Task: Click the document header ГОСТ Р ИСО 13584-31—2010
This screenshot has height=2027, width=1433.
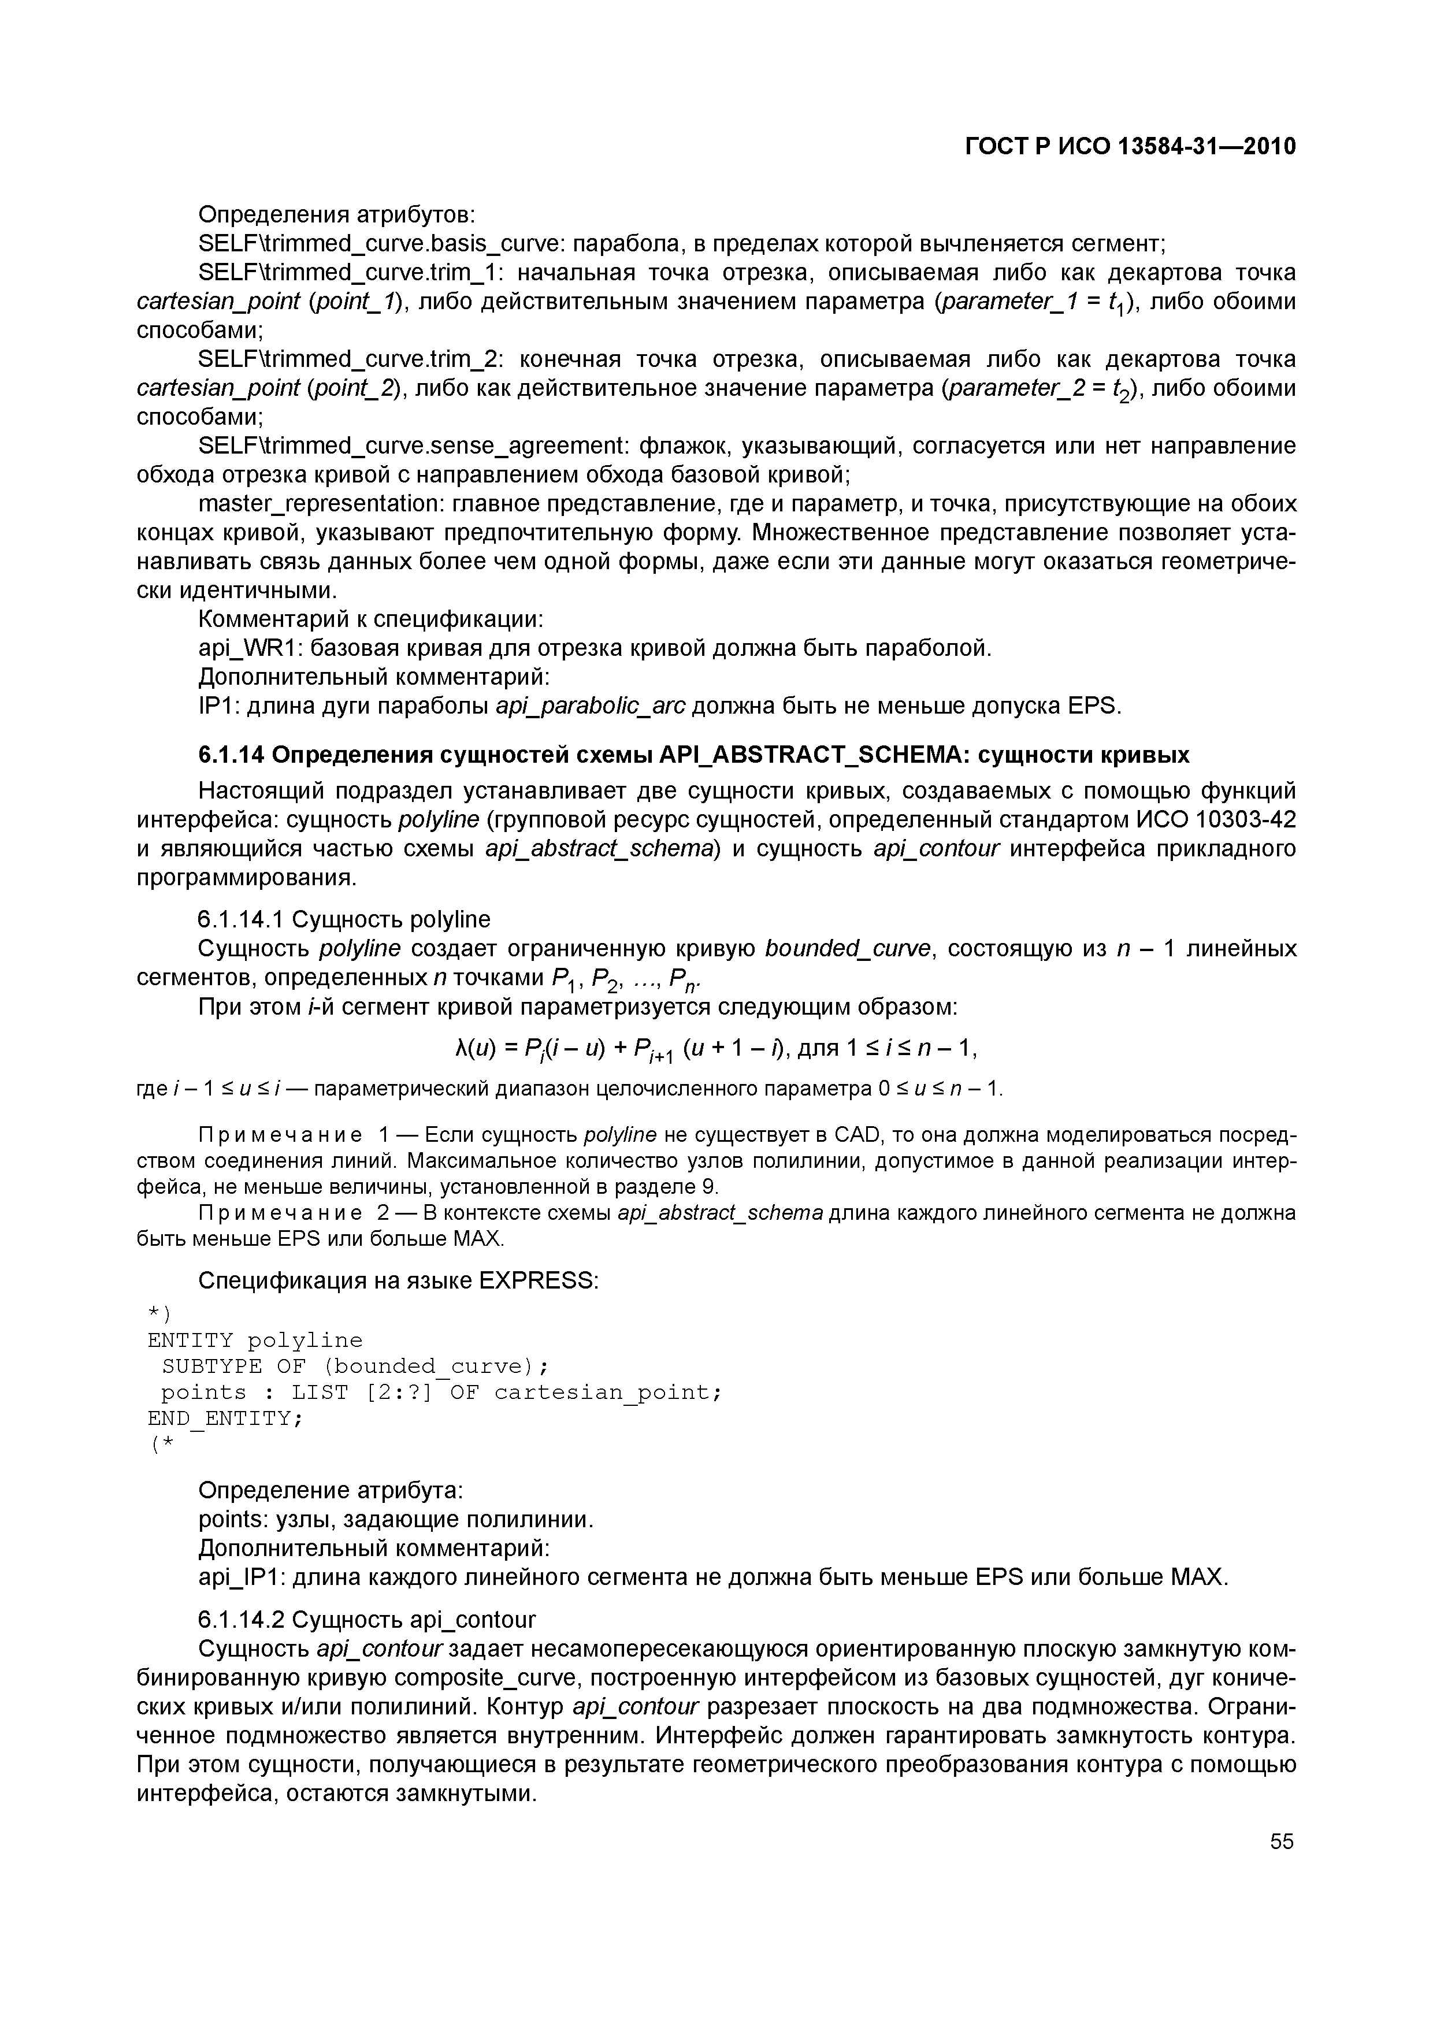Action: pyautogui.click(x=1130, y=147)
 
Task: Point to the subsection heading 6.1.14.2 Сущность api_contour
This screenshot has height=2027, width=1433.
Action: pyautogui.click(x=366, y=1619)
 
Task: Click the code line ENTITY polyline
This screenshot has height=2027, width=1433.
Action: pyautogui.click(x=255, y=1340)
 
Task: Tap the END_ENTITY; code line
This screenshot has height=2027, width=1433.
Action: pyautogui.click(x=225, y=1418)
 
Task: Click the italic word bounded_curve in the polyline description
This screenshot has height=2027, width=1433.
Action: pyautogui.click(x=848, y=948)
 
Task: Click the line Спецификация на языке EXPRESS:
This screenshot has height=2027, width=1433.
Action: pyautogui.click(x=398, y=1279)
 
